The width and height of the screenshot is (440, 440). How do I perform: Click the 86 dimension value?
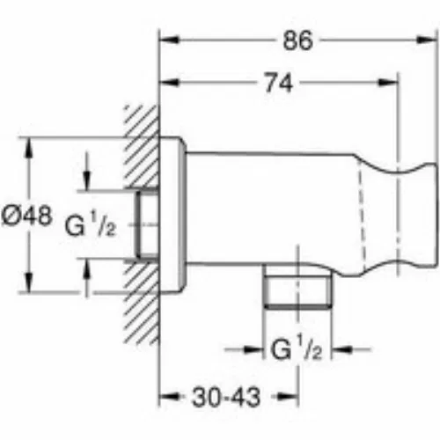coord(297,40)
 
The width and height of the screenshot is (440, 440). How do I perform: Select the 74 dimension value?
coord(279,84)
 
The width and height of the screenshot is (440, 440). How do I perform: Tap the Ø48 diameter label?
coord(27,216)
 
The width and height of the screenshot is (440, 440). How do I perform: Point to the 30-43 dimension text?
coord(226,398)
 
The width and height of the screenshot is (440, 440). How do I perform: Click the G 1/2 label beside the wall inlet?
coord(91,225)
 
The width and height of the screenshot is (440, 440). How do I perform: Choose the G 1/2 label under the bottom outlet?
coord(297,349)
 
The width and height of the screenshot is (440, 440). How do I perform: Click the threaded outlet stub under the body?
coord(297,287)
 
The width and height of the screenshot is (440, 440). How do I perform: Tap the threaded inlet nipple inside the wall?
coord(147,224)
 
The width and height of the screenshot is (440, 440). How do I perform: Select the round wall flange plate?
coord(172,215)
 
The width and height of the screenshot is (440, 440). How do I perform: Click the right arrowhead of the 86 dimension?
coord(428,40)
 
